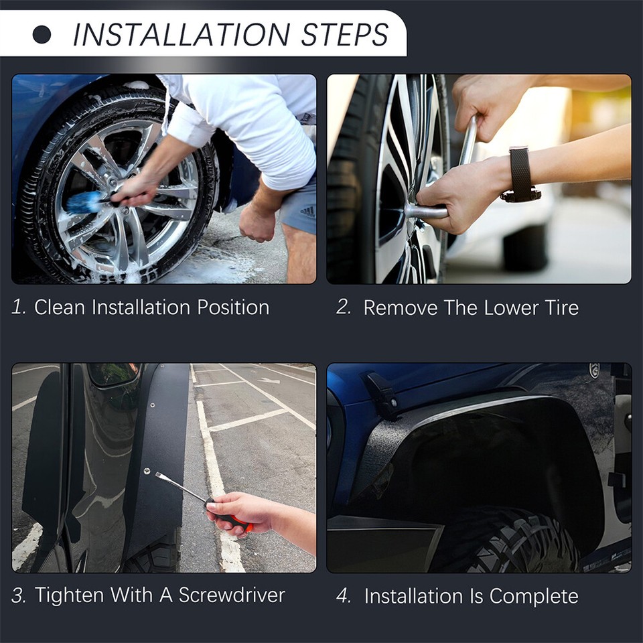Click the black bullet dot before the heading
[42, 35]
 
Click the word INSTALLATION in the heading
[181, 35]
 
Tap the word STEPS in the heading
[343, 35]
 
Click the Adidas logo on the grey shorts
[307, 212]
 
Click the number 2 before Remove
[344, 307]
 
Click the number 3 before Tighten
[19, 595]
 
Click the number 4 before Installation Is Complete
[344, 595]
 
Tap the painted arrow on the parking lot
[268, 380]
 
